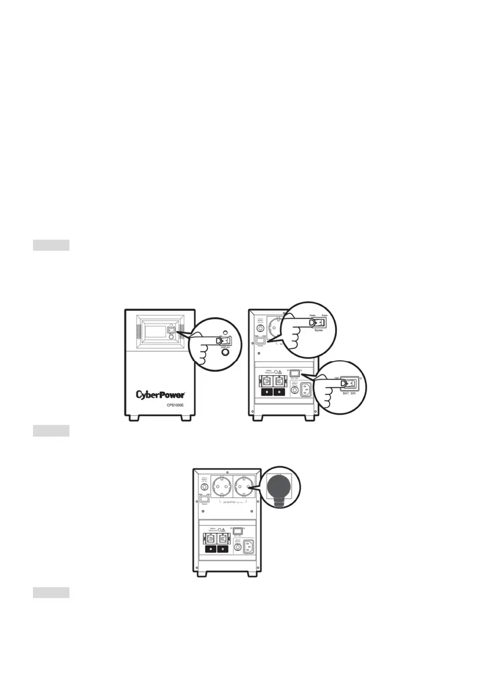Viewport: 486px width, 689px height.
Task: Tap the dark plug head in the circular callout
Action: [281, 487]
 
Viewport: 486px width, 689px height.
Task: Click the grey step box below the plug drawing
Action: [51, 592]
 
